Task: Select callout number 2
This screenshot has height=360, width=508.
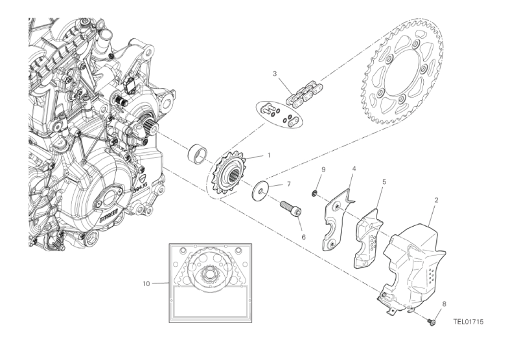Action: tap(437, 201)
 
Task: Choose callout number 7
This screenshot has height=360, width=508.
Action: tap(290, 185)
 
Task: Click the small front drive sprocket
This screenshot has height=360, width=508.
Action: tap(229, 174)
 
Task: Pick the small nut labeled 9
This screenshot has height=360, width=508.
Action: tap(314, 192)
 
